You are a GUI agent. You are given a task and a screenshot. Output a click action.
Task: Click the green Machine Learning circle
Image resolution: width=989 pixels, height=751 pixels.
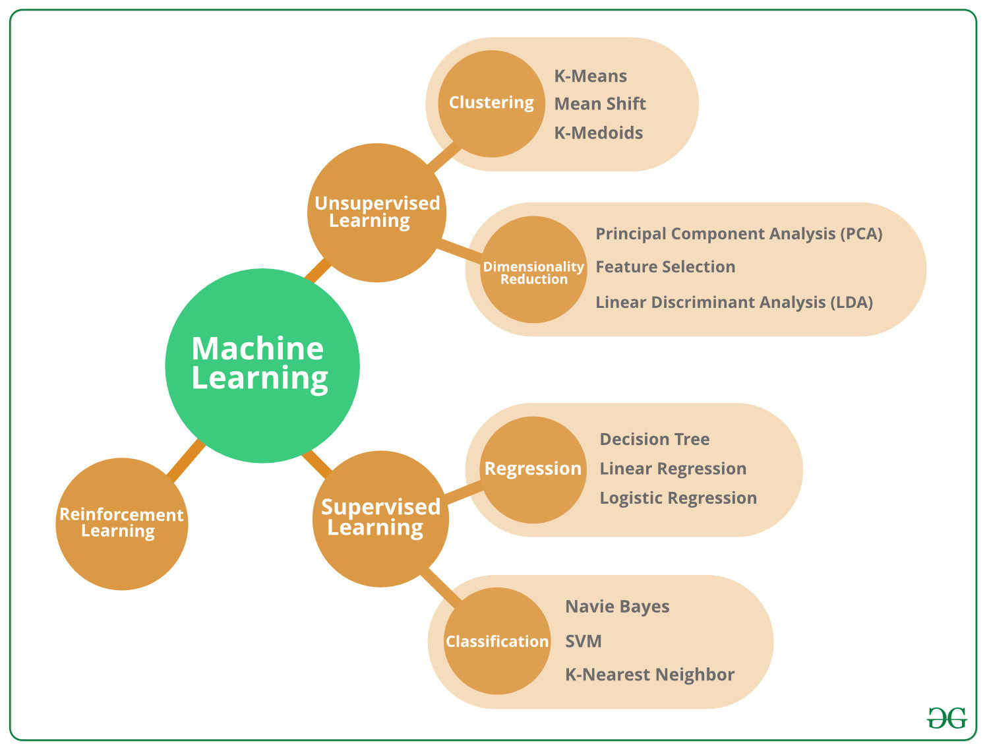click(262, 365)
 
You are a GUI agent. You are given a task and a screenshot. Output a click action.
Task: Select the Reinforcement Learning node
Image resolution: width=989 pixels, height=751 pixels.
click(122, 524)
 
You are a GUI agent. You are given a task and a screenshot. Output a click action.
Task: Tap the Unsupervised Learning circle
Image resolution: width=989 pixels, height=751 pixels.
click(377, 212)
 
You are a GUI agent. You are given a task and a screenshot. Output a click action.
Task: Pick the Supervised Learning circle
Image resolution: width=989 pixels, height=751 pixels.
click(380, 518)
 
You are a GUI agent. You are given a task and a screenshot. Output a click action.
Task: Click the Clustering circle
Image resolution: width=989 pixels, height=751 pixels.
click(491, 104)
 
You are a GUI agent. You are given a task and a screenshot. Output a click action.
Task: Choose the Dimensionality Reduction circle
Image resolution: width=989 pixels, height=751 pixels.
click(533, 270)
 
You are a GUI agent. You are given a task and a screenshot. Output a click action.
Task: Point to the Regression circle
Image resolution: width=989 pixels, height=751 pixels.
click(533, 469)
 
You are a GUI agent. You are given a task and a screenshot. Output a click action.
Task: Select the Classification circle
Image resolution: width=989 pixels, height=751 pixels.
click(497, 641)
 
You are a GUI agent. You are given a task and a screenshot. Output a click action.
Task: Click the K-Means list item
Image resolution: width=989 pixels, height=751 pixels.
click(590, 76)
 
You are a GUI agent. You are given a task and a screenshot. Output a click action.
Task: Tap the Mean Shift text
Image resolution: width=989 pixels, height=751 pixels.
click(600, 104)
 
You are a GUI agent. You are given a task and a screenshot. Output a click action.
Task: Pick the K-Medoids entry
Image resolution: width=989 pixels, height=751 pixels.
click(598, 133)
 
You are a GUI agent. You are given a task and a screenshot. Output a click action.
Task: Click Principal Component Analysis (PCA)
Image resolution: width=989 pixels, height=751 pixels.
click(738, 234)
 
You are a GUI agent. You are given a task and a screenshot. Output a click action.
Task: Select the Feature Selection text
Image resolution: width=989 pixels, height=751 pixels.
click(665, 267)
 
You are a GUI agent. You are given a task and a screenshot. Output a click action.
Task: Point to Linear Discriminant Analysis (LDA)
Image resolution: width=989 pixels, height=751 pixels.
click(734, 303)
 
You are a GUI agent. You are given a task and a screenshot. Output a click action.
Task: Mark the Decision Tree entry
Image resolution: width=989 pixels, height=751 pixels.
click(654, 440)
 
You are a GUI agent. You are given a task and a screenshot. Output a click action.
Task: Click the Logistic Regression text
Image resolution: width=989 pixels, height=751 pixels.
click(678, 498)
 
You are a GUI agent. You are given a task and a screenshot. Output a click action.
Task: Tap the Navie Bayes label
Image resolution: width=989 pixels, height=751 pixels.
click(617, 607)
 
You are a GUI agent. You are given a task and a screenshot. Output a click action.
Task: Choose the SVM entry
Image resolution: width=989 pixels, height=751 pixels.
click(584, 641)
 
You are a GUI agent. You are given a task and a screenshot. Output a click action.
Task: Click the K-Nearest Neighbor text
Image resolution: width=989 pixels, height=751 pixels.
click(649, 675)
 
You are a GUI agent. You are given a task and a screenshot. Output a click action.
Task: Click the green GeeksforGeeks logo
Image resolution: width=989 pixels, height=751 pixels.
click(947, 718)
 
